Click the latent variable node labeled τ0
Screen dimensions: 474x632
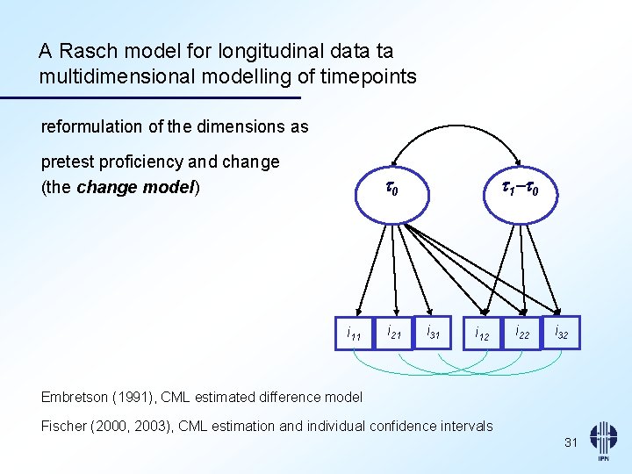[x=392, y=189]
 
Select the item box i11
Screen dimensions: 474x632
[x=354, y=334]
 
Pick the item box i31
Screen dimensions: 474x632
[x=433, y=332]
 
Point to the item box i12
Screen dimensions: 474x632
[x=482, y=334]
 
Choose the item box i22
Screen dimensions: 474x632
[x=522, y=333]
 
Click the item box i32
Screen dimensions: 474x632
[x=562, y=333]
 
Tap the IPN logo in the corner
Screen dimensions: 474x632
[x=602, y=442]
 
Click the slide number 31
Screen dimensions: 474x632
[x=571, y=443]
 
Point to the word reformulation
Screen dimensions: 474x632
[x=91, y=126]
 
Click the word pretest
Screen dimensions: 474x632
[x=67, y=162]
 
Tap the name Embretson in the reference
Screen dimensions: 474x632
[x=75, y=397]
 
